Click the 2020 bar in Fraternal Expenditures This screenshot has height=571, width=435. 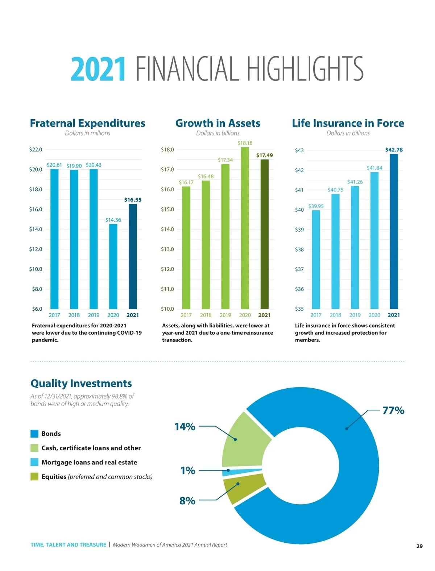tap(113, 266)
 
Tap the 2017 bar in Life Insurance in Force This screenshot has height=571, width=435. tap(316, 259)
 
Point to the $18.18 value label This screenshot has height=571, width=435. tap(245, 143)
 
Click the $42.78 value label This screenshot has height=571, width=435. tap(394, 150)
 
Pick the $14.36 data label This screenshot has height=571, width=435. tap(113, 220)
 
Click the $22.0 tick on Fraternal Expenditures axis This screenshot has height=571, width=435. tap(36, 149)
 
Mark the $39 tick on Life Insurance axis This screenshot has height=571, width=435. tap(299, 229)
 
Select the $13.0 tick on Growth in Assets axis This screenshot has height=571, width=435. tap(167, 249)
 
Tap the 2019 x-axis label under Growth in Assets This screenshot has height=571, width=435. tap(225, 315)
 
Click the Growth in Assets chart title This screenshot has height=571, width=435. tap(217, 123)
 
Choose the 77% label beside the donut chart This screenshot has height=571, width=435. tap(393, 410)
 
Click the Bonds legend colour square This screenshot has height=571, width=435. tap(34, 434)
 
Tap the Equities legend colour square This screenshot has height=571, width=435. tap(34, 476)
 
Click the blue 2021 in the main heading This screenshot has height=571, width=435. tap(98, 69)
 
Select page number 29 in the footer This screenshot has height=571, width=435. tap(419, 546)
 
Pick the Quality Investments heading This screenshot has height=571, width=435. tap(81, 384)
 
